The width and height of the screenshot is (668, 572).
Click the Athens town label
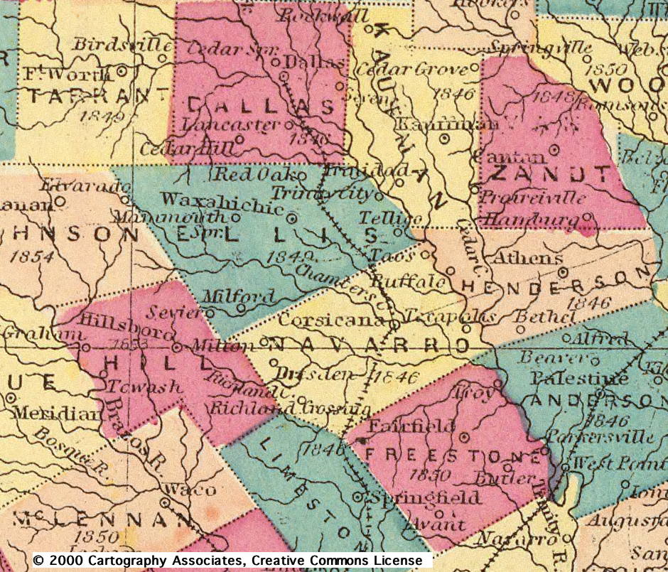[527, 257]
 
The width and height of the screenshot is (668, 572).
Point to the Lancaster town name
[231, 124]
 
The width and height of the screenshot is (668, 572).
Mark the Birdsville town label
[118, 44]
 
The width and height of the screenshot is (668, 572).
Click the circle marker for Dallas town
[283, 75]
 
